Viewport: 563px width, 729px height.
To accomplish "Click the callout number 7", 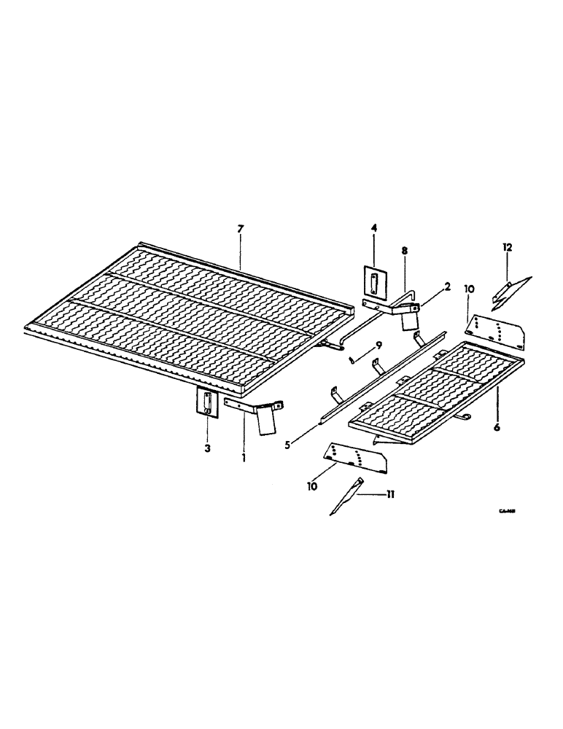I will coord(240,230).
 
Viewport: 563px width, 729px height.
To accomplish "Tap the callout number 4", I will coord(374,229).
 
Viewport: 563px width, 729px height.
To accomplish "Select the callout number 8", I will coord(405,250).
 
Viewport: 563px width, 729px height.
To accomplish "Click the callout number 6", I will coord(497,427).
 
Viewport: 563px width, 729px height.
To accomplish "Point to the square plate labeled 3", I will coord(207,402).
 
